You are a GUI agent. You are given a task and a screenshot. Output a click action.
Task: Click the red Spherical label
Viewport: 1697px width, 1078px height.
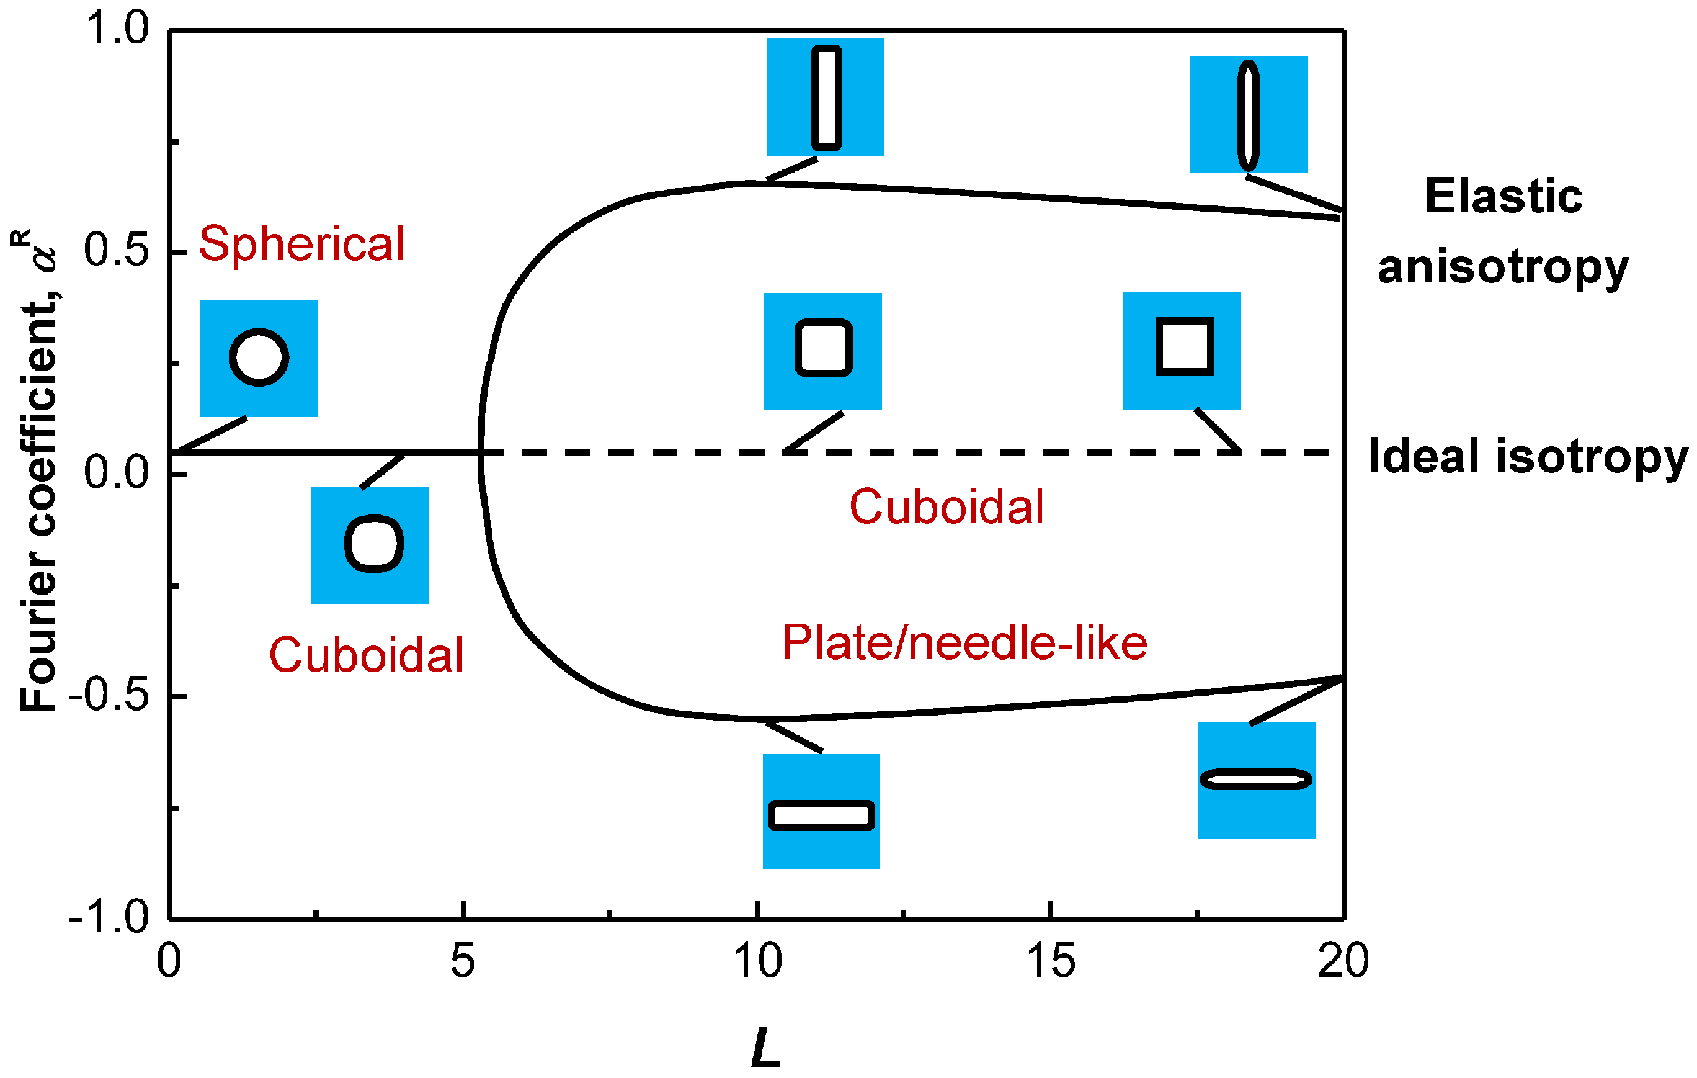tap(301, 244)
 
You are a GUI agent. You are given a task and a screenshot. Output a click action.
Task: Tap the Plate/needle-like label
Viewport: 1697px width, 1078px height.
tap(964, 643)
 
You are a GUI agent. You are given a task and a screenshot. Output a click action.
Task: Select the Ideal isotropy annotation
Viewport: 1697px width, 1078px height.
tap(1528, 457)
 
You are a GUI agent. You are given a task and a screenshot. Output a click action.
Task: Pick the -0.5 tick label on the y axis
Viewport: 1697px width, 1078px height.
tap(109, 696)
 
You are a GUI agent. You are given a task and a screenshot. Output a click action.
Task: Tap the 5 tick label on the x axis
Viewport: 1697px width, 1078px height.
tap(462, 960)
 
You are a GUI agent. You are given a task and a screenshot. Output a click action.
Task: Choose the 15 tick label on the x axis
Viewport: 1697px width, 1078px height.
tap(1050, 960)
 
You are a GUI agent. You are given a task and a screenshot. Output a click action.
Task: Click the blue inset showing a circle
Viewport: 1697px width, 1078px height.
tap(259, 358)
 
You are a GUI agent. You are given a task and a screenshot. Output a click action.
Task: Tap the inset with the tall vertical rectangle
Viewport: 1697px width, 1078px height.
tap(826, 97)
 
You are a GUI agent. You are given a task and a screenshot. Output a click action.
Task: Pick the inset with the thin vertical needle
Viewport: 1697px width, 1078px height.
tap(1248, 115)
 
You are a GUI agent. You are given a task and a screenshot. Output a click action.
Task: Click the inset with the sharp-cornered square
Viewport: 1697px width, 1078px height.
tap(1181, 351)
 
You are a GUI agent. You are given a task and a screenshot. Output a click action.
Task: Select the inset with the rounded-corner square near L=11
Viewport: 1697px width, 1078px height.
tap(822, 351)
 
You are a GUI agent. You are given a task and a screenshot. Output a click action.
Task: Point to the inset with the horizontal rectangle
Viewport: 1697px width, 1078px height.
tap(821, 812)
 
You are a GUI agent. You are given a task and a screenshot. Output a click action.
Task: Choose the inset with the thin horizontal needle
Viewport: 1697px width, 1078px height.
tap(1256, 781)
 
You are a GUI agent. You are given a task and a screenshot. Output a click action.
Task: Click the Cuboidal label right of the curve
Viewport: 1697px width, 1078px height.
tap(946, 507)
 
